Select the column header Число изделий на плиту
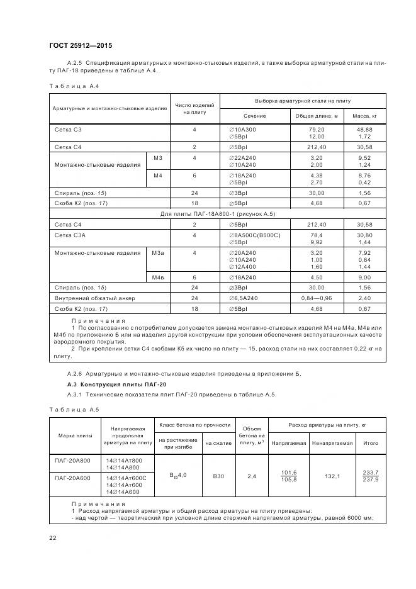point(194,108)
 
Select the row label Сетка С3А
point(71,235)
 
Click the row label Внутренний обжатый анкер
point(95,298)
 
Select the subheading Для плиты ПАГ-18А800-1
point(217,214)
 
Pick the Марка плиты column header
point(75,435)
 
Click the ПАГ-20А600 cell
point(74,479)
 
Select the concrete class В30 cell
point(218,476)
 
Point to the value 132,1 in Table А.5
point(332,476)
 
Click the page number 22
point(53,537)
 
